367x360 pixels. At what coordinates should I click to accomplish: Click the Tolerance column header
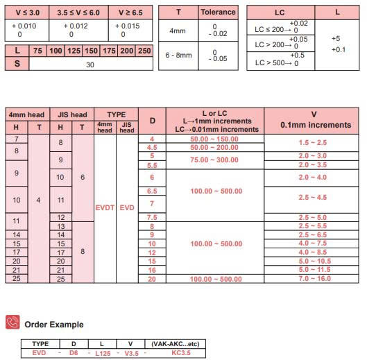click(218, 12)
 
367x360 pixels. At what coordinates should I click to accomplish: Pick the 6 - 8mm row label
click(177, 55)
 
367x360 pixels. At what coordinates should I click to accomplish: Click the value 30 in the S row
click(90, 63)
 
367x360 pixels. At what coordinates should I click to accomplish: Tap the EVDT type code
click(104, 207)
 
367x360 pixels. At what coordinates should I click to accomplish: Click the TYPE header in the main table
click(115, 114)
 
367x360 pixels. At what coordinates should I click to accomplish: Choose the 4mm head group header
click(26, 114)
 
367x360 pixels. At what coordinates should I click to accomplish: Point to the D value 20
click(152, 278)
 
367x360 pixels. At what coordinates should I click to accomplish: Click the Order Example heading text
click(53, 324)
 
